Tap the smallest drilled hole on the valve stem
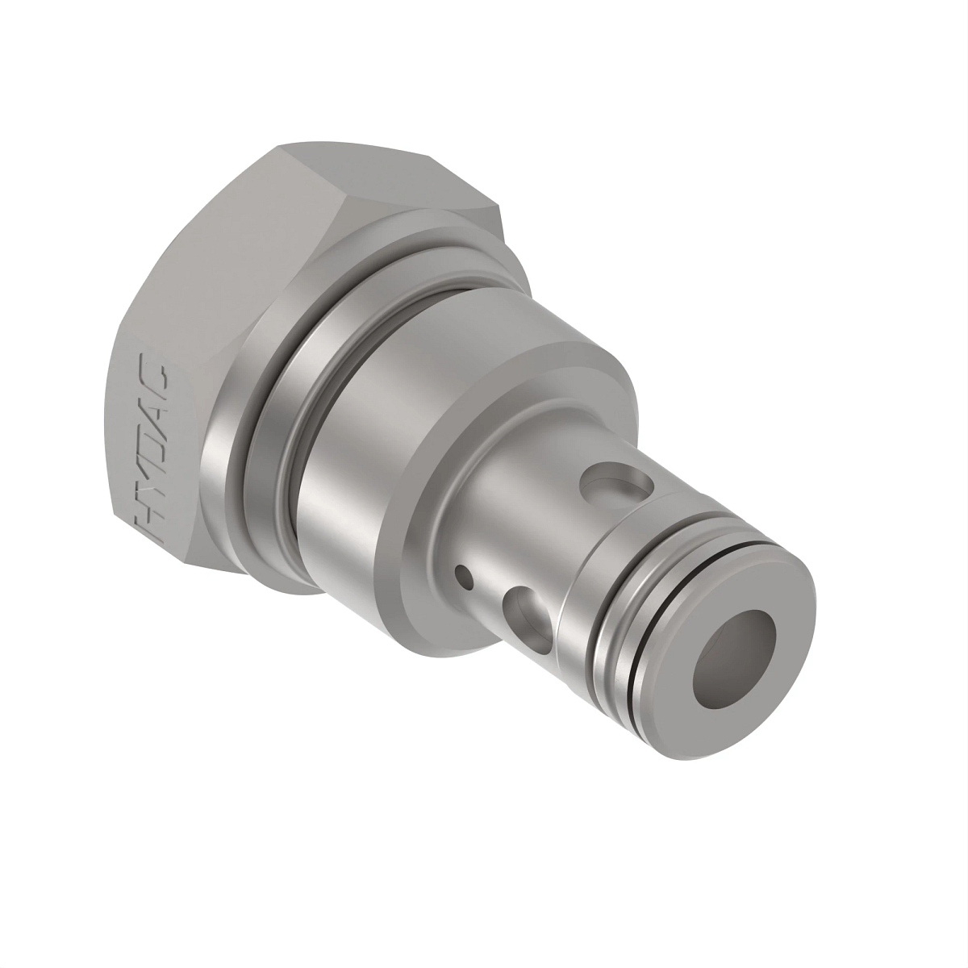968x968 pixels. [464, 576]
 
